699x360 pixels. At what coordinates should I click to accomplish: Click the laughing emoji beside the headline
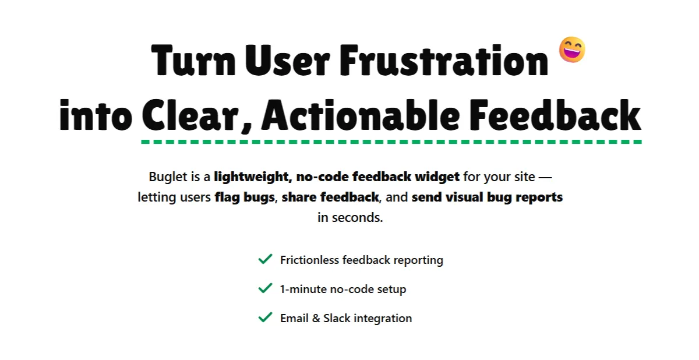click(572, 50)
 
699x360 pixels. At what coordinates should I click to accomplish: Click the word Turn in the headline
click(193, 60)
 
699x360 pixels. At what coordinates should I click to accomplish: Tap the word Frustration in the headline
click(444, 60)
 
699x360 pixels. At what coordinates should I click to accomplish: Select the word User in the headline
click(287, 60)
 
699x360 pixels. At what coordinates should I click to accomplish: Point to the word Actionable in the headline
click(361, 115)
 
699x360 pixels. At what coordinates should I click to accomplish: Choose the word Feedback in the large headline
click(555, 115)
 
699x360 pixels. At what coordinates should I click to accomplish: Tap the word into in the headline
click(96, 115)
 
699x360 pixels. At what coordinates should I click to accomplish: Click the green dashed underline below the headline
click(391, 142)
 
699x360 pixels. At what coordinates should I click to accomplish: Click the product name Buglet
click(168, 177)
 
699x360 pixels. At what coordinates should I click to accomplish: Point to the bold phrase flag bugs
click(245, 197)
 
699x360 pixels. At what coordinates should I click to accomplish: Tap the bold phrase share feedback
click(330, 197)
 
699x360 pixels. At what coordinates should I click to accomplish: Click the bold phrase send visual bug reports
click(487, 197)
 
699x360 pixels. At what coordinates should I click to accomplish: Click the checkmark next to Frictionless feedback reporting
click(265, 259)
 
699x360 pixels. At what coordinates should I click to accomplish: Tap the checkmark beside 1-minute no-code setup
click(265, 288)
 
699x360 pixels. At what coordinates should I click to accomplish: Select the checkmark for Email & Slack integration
click(265, 317)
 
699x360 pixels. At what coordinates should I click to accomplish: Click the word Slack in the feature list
click(337, 318)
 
